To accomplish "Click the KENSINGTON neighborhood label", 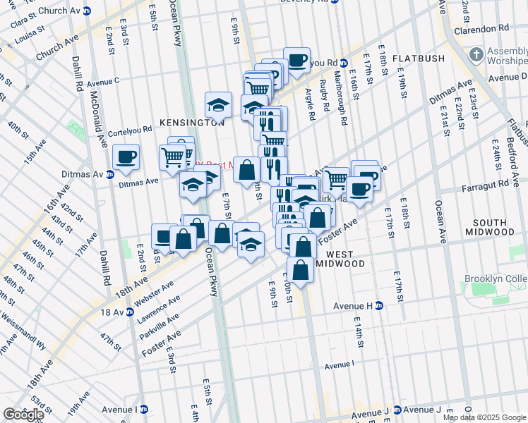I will coord(191,122).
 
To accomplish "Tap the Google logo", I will coord(23,415).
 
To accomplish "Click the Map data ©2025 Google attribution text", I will coord(485,417).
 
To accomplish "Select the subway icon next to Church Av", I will coord(87,11).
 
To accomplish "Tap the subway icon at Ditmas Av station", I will coord(110,174).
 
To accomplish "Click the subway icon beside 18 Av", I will coord(133,312).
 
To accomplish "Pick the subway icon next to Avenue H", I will coord(378,305).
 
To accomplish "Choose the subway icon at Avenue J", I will coord(397,410).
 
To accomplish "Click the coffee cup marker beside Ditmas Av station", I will coord(126,157).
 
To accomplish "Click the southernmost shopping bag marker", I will coord(301,269).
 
